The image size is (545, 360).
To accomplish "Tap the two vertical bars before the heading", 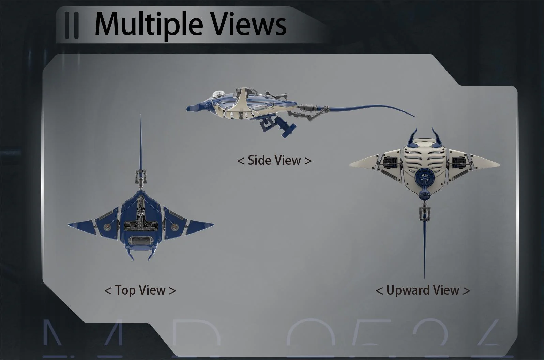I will (72, 25).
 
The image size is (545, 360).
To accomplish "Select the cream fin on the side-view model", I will (241, 102).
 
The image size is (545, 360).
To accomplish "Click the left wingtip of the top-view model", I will (70, 224).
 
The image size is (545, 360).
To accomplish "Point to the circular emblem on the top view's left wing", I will (107, 226).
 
